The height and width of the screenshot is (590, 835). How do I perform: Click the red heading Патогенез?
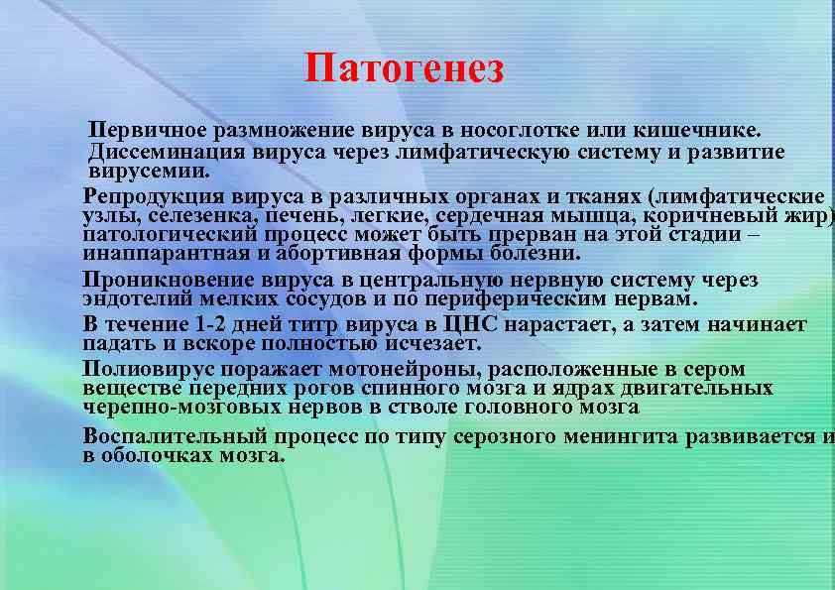405,69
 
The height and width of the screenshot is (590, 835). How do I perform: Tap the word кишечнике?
698,130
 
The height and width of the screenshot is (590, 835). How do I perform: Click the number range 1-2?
210,324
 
